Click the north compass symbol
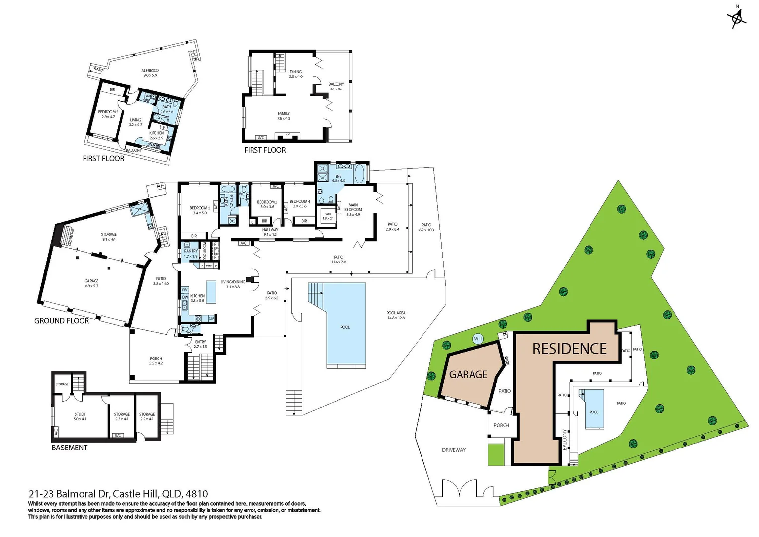tap(737, 18)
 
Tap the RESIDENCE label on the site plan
tap(569, 349)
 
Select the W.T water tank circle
tap(478, 339)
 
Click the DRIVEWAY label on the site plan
tap(453, 450)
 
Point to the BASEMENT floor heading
tap(70, 447)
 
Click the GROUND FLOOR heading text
tap(62, 321)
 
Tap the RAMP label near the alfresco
tap(98, 70)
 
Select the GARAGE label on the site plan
tap(468, 374)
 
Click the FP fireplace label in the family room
tap(287, 134)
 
